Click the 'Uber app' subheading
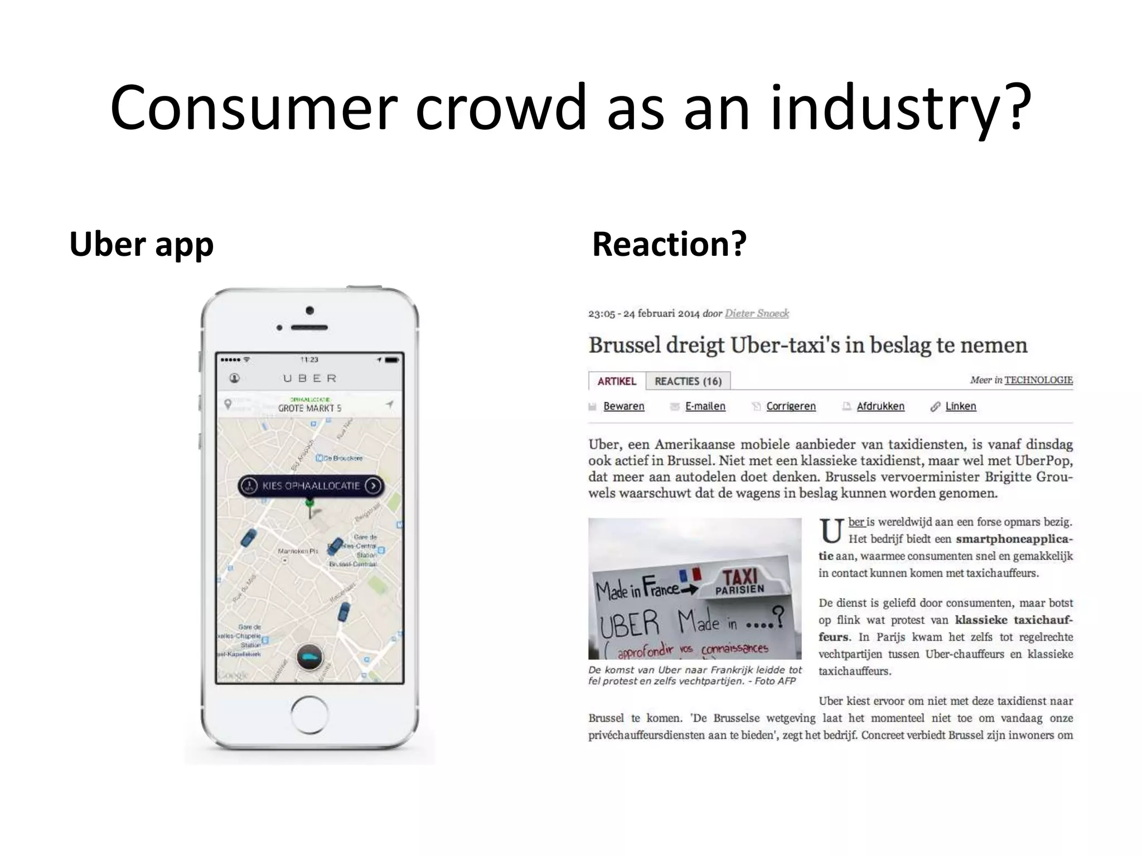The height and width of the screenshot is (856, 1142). click(x=141, y=244)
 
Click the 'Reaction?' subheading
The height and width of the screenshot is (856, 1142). click(x=669, y=244)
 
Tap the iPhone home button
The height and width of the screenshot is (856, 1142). click(x=309, y=714)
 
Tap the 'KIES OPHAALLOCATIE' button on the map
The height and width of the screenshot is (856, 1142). click(x=311, y=486)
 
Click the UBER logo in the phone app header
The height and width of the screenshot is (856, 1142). click(x=310, y=378)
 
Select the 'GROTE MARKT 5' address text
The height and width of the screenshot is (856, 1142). click(x=309, y=408)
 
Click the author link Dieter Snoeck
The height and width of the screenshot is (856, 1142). click(x=757, y=313)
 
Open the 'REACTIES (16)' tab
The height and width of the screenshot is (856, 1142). click(x=688, y=381)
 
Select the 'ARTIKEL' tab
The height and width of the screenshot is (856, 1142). click(x=617, y=381)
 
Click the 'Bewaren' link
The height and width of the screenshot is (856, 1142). click(x=623, y=406)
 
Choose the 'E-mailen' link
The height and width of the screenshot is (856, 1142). click(x=705, y=406)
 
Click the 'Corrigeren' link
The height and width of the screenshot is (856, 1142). click(x=791, y=406)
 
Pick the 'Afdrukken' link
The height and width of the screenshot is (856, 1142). click(x=880, y=406)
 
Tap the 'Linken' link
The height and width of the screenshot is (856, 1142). click(x=960, y=406)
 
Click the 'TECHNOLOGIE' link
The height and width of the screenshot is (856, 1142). click(x=1038, y=380)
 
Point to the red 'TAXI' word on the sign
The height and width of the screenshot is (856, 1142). click(x=740, y=577)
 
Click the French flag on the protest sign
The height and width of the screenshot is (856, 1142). click(x=690, y=575)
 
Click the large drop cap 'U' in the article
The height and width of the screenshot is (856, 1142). click(x=831, y=532)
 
